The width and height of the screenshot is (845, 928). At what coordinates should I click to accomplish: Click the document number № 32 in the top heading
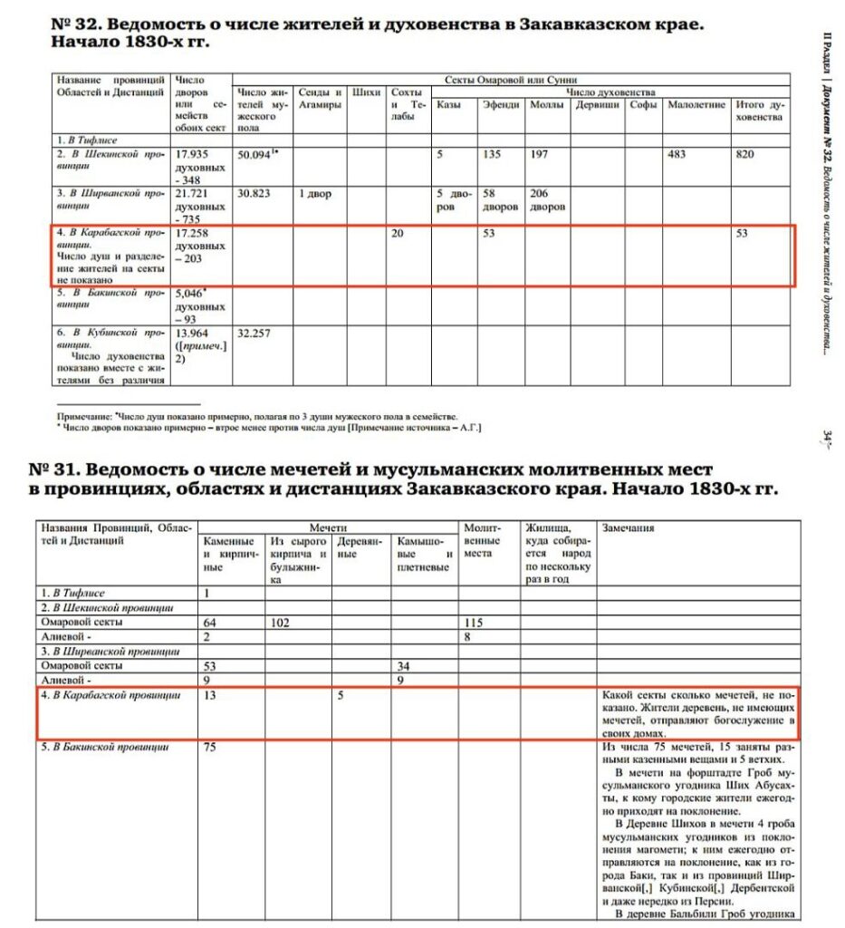(72, 24)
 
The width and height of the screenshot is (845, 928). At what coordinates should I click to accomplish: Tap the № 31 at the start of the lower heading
(51, 470)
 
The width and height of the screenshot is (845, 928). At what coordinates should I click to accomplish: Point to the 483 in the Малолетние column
(676, 155)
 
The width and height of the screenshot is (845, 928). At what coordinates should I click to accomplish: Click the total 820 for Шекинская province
(744, 155)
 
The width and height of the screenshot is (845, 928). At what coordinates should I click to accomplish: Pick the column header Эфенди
(502, 105)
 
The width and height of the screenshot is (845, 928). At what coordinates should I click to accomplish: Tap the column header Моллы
(545, 105)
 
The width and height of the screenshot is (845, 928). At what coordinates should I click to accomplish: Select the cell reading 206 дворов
(546, 199)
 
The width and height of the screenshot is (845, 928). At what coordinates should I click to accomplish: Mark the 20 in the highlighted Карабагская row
(398, 234)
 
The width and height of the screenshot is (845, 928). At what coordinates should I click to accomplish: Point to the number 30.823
(254, 194)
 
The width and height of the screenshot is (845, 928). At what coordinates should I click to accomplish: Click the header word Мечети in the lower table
(328, 527)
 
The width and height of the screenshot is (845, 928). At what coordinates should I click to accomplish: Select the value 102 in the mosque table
(280, 623)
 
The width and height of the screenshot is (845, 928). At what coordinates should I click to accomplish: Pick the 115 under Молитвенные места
(473, 623)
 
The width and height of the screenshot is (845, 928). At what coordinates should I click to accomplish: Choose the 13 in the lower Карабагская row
(211, 695)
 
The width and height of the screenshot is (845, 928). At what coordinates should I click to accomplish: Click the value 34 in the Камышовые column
(404, 666)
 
